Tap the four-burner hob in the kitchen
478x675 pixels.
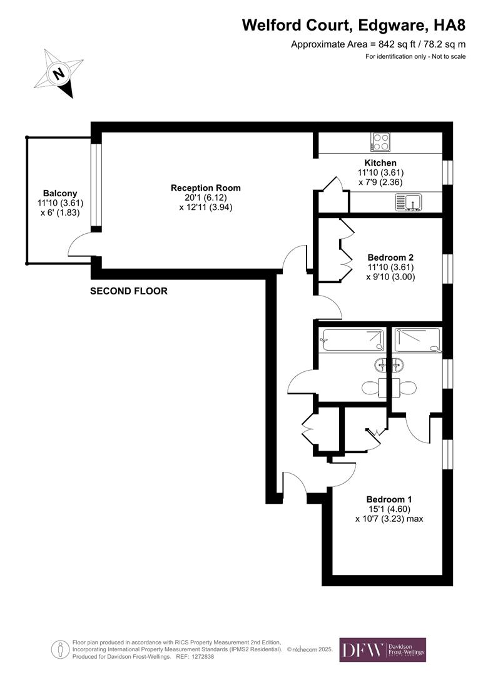click(380, 142)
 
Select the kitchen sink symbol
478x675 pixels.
click(409, 202)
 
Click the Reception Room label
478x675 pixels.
click(205, 187)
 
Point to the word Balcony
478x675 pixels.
click(60, 193)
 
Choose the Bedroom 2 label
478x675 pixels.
click(390, 257)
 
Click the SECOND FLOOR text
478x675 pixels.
click(129, 291)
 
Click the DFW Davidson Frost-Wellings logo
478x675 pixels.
click(382, 649)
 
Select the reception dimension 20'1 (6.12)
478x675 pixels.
click(205, 197)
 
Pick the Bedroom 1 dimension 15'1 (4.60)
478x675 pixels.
click(389, 509)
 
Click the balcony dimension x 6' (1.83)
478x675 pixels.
click(60, 212)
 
